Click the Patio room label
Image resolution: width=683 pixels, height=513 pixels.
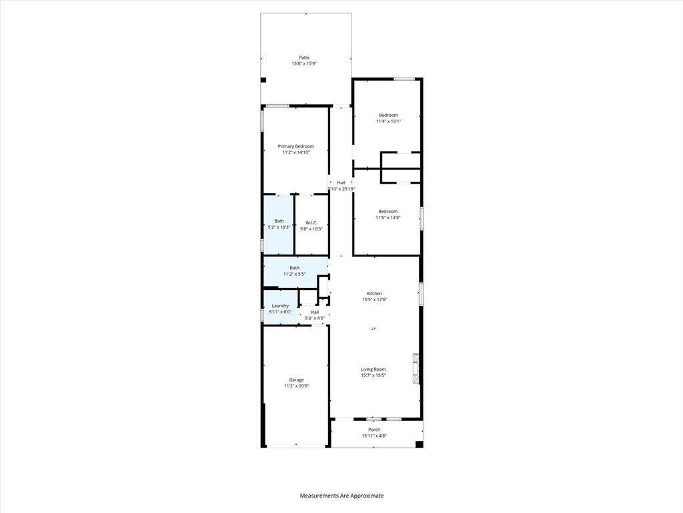tap(304, 57)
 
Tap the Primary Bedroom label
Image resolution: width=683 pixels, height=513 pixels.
tap(295, 146)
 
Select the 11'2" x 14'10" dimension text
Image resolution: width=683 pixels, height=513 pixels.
tap(295, 153)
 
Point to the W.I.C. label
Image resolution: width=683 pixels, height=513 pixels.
tap(311, 222)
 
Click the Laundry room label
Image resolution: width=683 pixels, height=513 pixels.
tap(280, 306)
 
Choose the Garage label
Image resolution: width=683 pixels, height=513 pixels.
tap(296, 380)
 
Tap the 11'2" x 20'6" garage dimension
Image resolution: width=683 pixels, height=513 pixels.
tap(296, 386)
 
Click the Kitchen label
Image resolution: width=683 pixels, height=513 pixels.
tap(374, 293)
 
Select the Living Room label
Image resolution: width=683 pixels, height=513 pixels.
tap(374, 369)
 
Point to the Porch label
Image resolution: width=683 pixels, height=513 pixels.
tap(374, 430)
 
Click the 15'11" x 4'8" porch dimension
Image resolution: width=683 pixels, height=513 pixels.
tap(374, 436)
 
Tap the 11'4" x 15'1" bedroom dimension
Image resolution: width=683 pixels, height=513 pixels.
tap(388, 122)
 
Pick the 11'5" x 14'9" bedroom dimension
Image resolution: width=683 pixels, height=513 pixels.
tap(388, 218)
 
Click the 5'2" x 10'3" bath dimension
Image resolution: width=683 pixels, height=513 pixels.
tap(279, 227)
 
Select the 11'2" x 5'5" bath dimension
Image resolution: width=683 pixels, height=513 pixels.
tap(294, 274)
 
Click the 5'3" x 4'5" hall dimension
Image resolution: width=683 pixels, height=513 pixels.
tap(315, 318)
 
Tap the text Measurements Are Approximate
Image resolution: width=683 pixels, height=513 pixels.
tap(341, 496)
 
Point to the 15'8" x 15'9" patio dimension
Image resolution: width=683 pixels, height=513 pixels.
tap(304, 64)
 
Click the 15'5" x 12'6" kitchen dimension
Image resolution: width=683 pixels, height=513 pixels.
tap(374, 300)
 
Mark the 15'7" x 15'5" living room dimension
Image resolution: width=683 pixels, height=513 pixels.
tap(374, 375)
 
